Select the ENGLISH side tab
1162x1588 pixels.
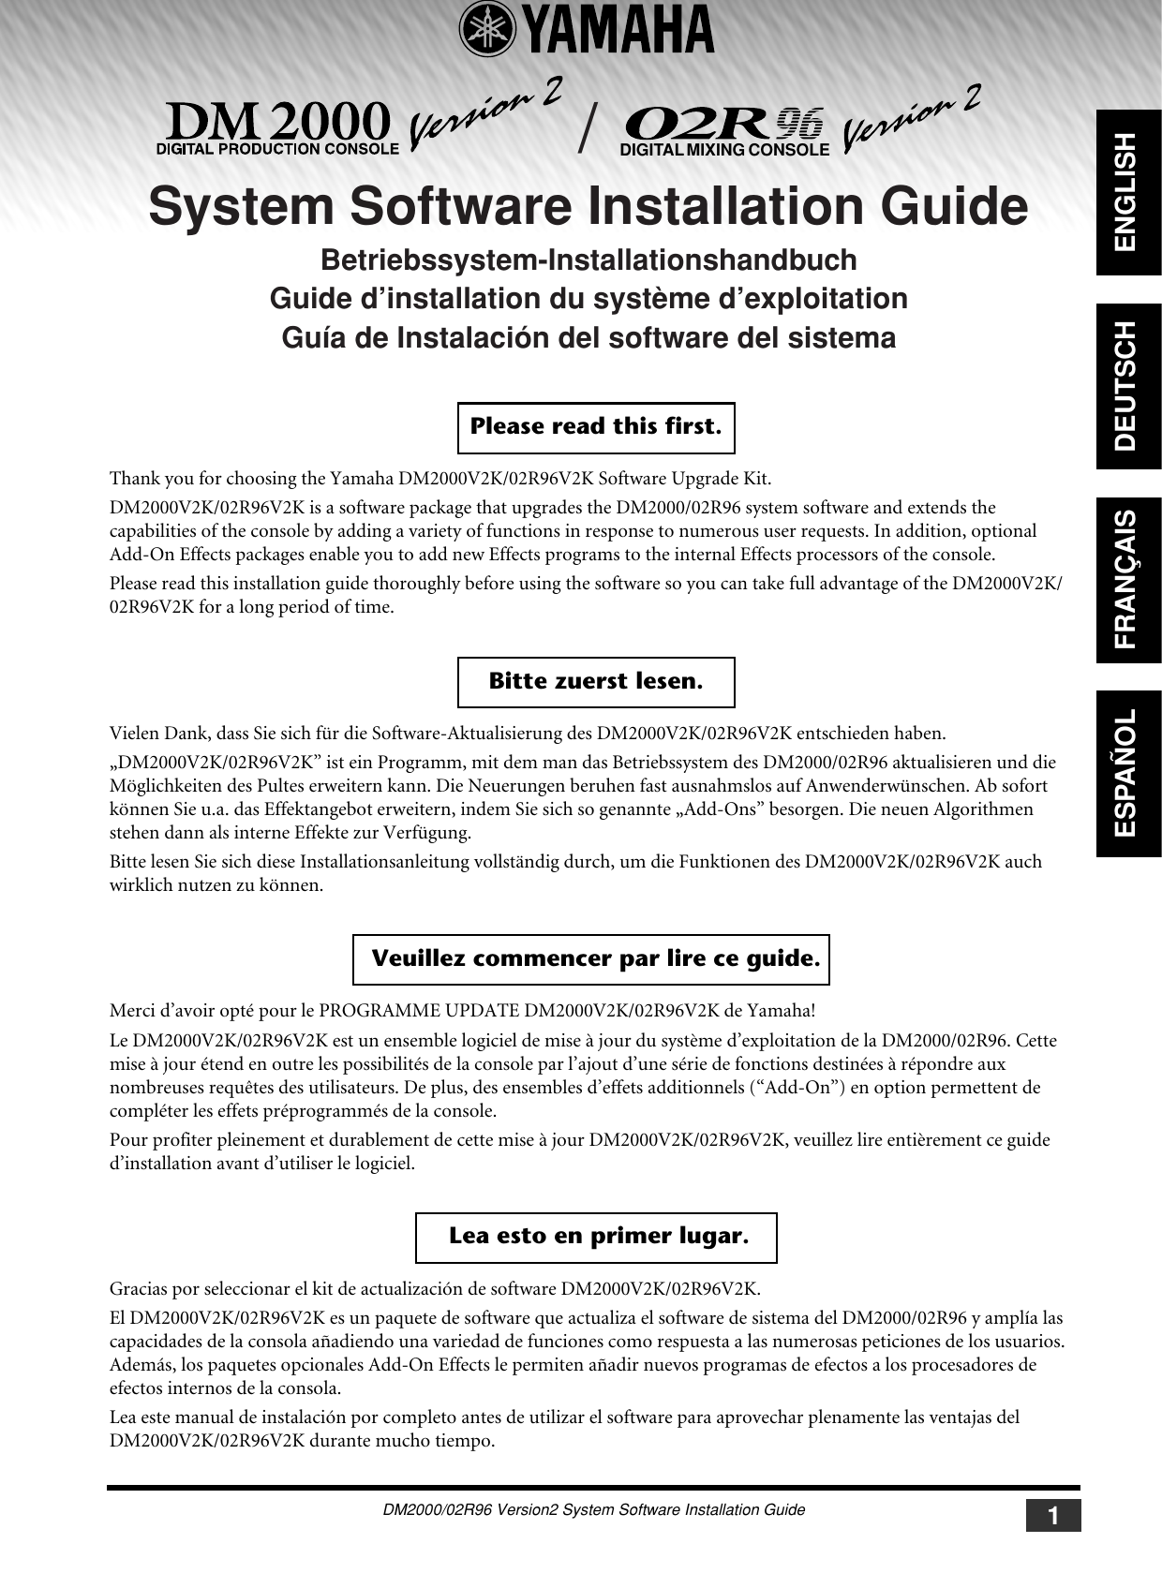pos(1128,192)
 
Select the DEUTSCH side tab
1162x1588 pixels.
pos(1128,386)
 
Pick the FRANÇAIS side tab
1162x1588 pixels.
pos(1128,580)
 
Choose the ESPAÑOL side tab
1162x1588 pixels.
pos(1128,773)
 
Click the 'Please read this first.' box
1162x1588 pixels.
pos(596,427)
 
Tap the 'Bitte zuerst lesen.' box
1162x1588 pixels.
pos(596,682)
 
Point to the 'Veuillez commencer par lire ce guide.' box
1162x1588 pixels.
pos(591,959)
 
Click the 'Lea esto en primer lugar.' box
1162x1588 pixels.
pos(596,1237)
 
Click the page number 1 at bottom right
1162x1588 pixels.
pos(1053,1515)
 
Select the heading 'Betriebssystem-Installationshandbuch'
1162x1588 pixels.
pos(588,260)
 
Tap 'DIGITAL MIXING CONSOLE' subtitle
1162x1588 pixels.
pos(724,150)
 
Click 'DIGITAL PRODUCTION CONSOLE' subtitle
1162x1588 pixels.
pos(277,149)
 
